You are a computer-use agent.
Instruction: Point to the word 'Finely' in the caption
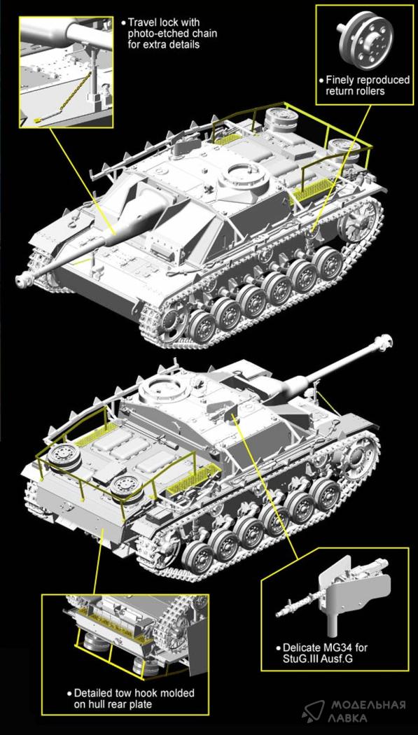click(x=339, y=80)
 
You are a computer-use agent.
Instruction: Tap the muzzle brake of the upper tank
click(x=23, y=280)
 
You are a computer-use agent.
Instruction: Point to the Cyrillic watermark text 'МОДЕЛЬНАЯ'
click(x=368, y=704)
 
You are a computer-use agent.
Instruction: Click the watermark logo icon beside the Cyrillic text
click(x=314, y=710)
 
